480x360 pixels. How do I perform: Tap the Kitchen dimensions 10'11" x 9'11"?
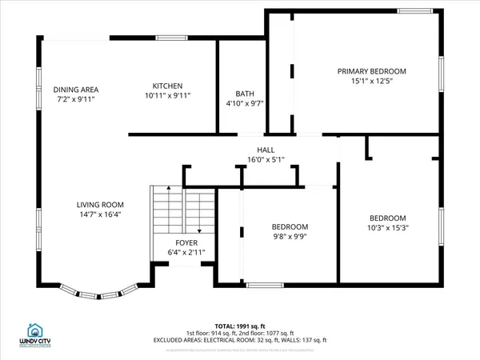(x=168, y=95)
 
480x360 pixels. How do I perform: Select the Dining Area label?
(x=76, y=90)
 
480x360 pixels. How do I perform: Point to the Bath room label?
(x=245, y=94)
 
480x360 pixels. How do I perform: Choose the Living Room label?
(x=100, y=205)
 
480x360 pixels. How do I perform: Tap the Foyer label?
(x=186, y=243)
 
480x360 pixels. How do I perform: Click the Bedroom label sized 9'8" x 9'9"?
(x=290, y=227)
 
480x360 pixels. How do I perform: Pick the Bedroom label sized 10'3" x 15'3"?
(x=387, y=218)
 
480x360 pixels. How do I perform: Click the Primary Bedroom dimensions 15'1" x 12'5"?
(x=371, y=81)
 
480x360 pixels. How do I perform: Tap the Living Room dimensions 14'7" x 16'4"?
(x=100, y=214)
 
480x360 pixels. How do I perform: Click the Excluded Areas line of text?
(x=240, y=339)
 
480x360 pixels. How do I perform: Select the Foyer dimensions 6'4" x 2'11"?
(x=186, y=253)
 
